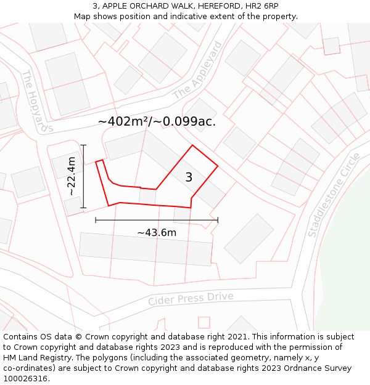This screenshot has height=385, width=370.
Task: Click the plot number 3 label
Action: (189, 177)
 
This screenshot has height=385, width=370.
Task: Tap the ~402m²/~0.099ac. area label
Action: (157, 121)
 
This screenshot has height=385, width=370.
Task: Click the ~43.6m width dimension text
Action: (157, 232)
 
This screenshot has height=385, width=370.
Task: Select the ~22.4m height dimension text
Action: (72, 177)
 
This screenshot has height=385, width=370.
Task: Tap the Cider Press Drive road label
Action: (191, 299)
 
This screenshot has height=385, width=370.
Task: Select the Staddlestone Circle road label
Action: (333, 195)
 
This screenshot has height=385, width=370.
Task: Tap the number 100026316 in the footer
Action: (25, 378)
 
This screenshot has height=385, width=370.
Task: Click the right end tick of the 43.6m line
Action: (218, 220)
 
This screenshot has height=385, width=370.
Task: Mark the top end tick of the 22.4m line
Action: (84, 145)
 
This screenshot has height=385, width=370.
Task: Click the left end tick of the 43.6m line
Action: (96, 220)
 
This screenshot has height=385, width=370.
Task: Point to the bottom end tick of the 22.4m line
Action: (84, 208)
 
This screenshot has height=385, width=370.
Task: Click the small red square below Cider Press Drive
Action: (204, 322)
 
